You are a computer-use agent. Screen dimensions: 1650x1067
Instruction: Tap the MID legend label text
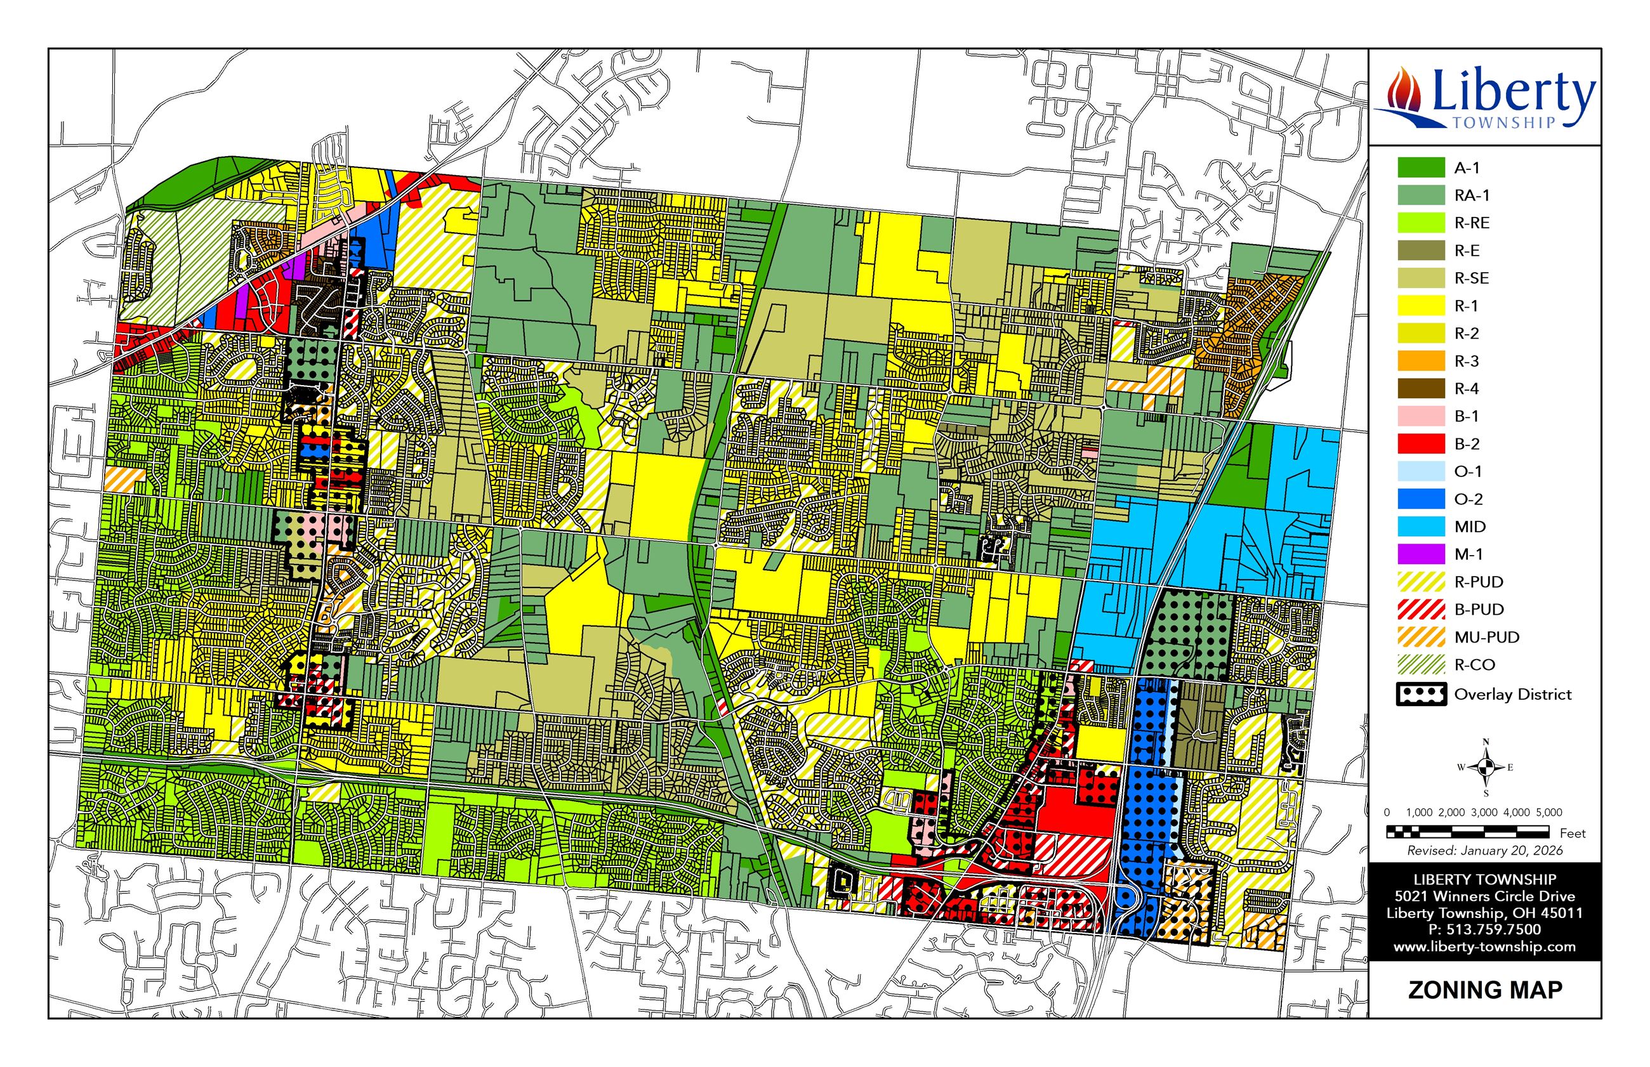click(x=1470, y=527)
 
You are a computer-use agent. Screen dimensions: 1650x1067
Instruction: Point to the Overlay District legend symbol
click(x=1421, y=694)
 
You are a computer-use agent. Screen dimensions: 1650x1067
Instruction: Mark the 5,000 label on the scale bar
click(x=1549, y=812)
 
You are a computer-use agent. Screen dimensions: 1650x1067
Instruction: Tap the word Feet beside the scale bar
click(x=1573, y=834)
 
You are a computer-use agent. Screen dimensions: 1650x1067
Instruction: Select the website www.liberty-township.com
click(x=1484, y=946)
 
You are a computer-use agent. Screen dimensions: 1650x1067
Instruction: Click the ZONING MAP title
click(x=1484, y=990)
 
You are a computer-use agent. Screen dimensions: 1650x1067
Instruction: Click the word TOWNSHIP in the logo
click(x=1503, y=122)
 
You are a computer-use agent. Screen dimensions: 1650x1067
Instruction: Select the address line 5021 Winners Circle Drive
click(x=1484, y=896)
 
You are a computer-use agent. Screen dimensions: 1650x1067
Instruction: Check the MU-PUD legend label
click(x=1486, y=638)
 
